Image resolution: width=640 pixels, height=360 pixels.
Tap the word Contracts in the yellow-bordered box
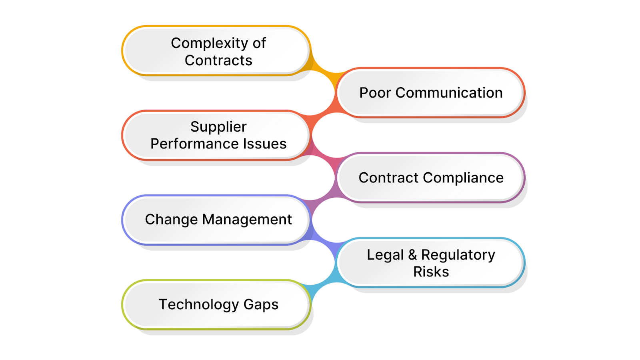coord(218,60)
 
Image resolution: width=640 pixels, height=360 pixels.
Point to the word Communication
coord(449,93)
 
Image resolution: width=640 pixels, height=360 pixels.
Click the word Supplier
coord(218,127)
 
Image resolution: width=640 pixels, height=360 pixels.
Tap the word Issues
coord(267,144)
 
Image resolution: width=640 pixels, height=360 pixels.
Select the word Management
coord(247,220)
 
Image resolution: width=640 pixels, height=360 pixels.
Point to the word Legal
coord(385,255)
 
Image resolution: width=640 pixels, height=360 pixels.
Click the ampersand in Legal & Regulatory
coord(412,255)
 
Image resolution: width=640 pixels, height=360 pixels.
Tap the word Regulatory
coord(458,255)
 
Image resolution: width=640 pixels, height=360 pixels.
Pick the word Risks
coord(431,272)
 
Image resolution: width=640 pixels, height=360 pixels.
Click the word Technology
coord(198,305)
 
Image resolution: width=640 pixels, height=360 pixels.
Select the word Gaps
coord(261,305)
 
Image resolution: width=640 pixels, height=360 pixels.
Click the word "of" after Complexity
coord(259,43)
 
